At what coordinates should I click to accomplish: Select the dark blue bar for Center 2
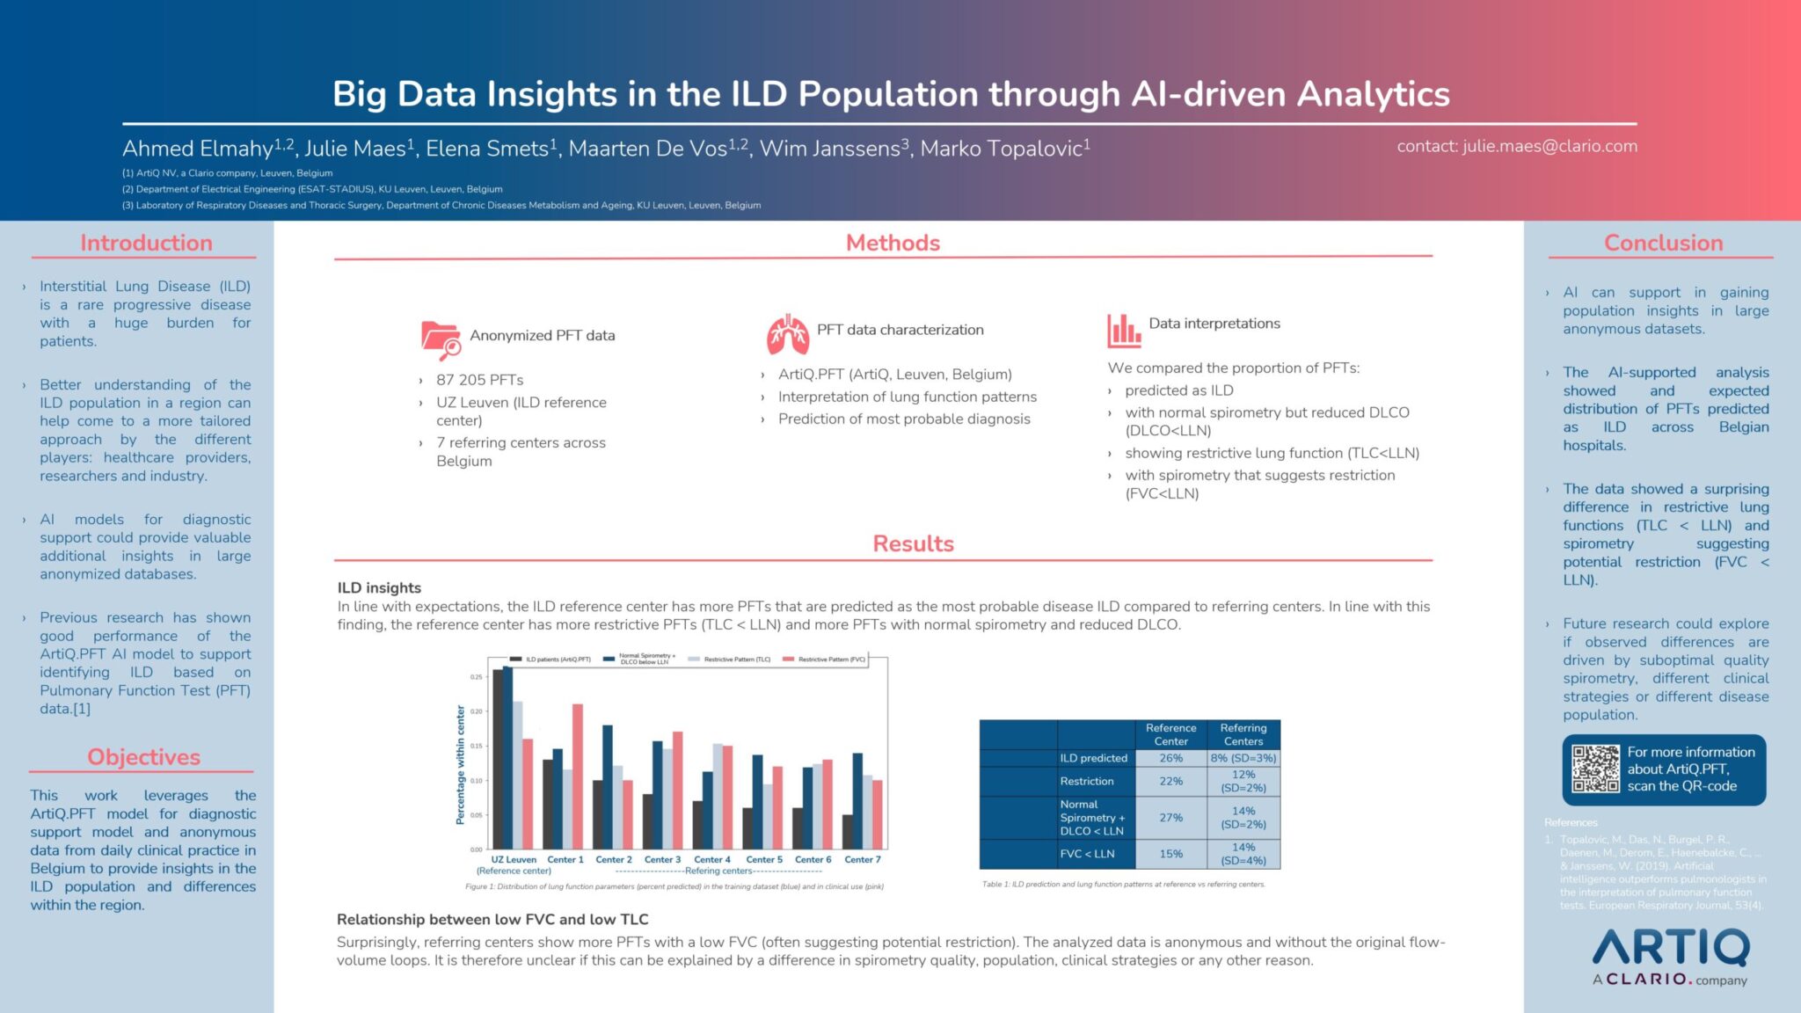[x=608, y=786]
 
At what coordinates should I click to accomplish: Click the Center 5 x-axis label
[x=763, y=859]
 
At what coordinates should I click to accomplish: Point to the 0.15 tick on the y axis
[x=477, y=746]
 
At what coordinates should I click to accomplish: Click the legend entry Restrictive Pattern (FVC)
[x=831, y=659]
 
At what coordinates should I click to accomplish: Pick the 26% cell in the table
[x=1170, y=757]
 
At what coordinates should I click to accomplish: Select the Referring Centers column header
[x=1243, y=734]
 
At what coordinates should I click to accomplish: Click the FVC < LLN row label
[x=1088, y=853]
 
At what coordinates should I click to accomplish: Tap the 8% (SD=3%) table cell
[x=1243, y=757]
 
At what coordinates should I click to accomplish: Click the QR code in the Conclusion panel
[x=1595, y=769]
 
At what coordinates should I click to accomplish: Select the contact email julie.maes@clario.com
[x=1549, y=146]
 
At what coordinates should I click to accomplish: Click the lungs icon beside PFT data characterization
[x=787, y=333]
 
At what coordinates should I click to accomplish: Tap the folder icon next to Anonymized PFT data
[x=441, y=339]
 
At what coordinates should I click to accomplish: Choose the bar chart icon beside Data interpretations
[x=1123, y=330]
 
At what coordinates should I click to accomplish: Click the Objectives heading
[x=143, y=756]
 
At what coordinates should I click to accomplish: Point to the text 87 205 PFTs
[x=479, y=379]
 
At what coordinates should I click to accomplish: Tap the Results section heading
[x=913, y=543]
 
